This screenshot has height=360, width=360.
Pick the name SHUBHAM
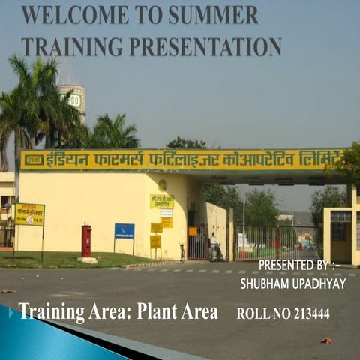(265, 283)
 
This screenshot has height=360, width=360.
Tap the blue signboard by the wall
(124, 232)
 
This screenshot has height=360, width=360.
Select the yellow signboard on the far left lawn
(29, 214)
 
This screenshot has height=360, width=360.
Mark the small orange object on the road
(326, 341)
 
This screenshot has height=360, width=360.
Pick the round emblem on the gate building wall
(162, 185)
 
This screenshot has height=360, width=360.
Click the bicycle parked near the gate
(182, 253)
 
